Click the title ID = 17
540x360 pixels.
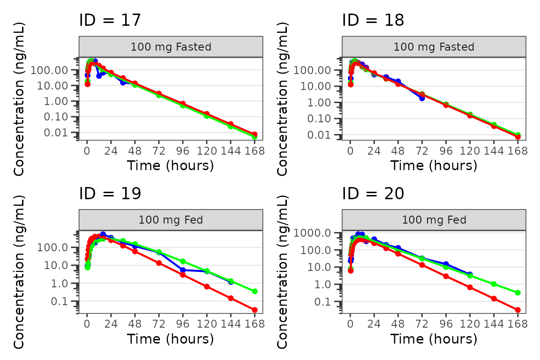110,20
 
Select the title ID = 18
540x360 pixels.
373,20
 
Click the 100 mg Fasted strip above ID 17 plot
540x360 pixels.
171,47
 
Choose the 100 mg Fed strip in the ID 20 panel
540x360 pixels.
434,220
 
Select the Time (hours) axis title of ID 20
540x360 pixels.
434,338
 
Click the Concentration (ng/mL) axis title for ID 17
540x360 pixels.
19,98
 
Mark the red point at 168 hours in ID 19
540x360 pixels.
255,310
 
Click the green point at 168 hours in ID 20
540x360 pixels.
517,292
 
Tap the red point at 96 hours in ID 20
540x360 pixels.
446,276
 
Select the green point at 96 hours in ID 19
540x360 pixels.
183,262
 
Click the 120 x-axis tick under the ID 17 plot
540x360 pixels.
207,151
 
